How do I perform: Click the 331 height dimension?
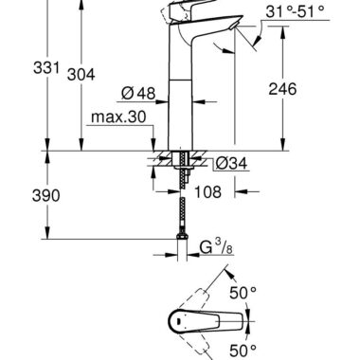click(46, 68)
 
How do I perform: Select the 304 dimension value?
click(81, 75)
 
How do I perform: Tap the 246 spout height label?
click(282, 89)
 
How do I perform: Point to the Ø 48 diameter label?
click(138, 94)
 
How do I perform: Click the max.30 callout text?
click(118, 117)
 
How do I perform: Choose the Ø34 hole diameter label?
click(232, 164)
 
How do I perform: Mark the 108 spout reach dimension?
click(207, 191)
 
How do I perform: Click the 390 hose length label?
click(46, 196)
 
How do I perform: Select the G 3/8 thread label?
click(216, 248)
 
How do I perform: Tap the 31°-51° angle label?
click(295, 12)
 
